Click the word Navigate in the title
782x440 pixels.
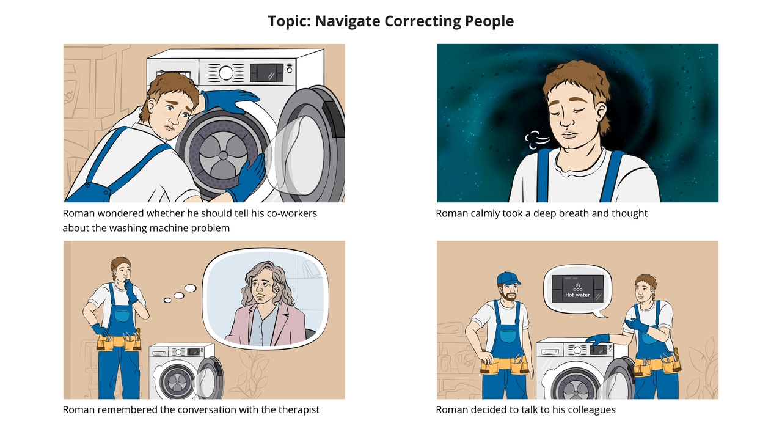click(x=348, y=21)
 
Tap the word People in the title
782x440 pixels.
click(x=489, y=21)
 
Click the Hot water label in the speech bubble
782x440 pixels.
click(x=577, y=295)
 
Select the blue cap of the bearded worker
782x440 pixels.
click(x=508, y=278)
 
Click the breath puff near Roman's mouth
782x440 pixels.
click(x=536, y=140)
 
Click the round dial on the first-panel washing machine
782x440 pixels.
click(x=226, y=73)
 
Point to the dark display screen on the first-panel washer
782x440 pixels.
click(x=267, y=73)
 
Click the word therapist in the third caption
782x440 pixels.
click(x=299, y=409)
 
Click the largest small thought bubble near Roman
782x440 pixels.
click(x=190, y=288)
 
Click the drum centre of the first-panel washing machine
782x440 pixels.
click(x=223, y=155)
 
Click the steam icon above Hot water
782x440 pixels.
click(x=577, y=287)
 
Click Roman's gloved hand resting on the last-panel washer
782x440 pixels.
click(x=597, y=339)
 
